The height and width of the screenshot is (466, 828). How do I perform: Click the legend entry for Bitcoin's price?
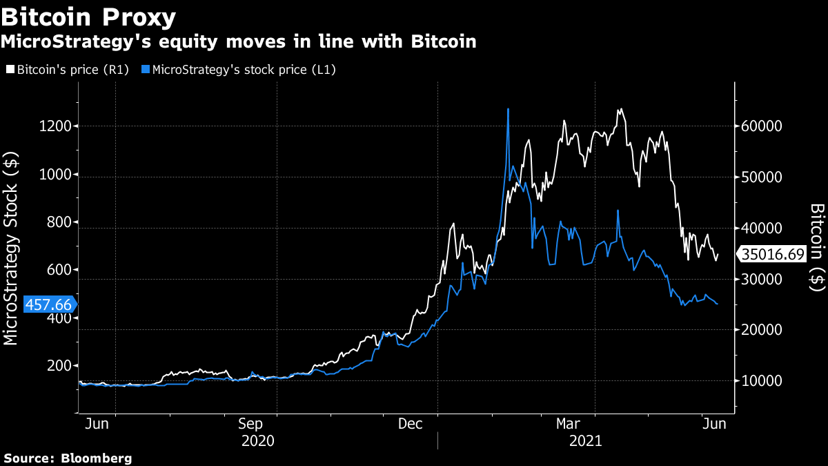[67, 70]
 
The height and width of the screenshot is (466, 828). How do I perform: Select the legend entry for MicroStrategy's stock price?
[238, 70]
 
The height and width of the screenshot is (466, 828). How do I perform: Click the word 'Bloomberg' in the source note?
[97, 458]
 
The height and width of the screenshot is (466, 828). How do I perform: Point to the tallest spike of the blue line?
[508, 109]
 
